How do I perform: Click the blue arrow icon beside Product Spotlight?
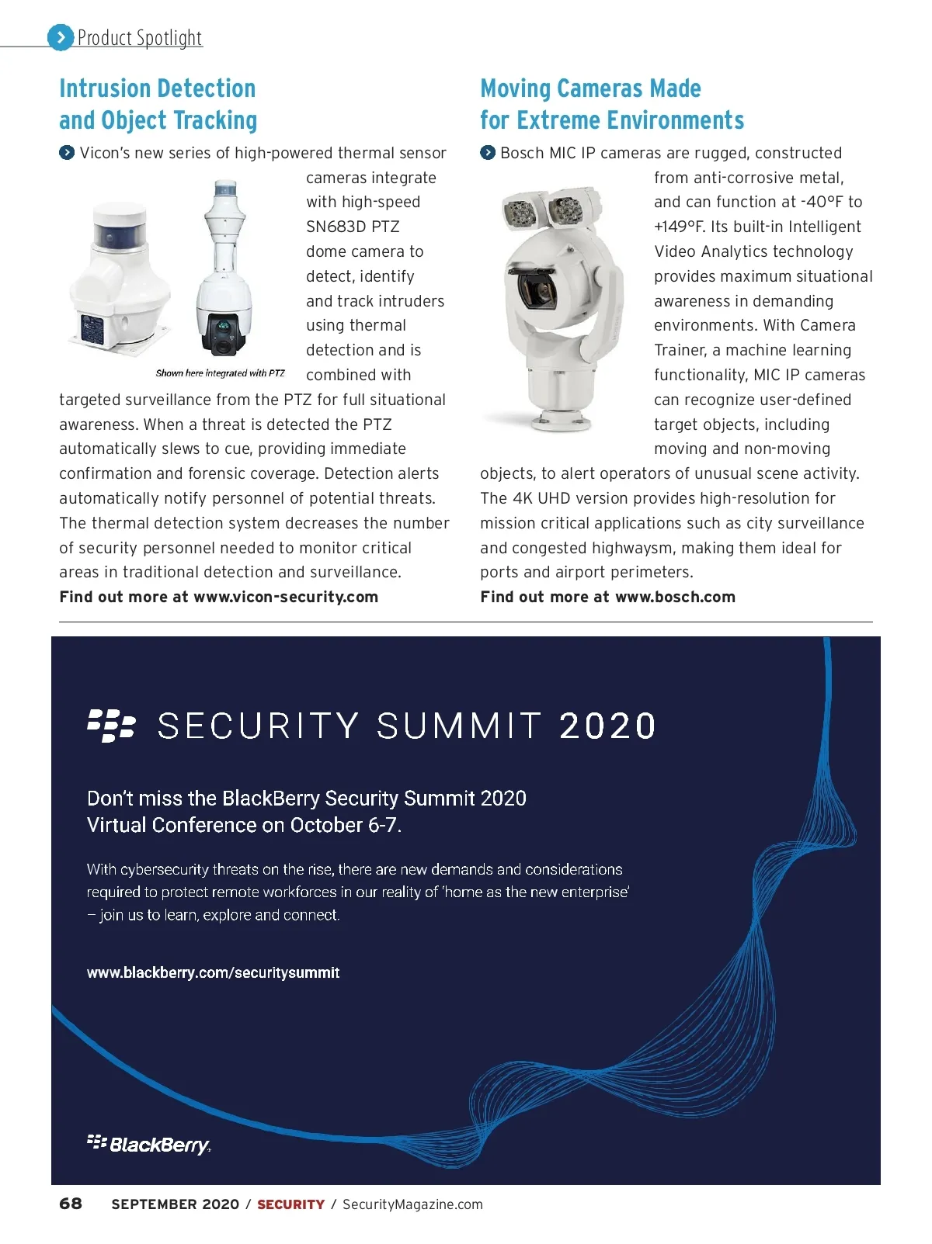click(x=61, y=37)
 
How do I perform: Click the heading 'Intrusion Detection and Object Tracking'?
click(x=158, y=104)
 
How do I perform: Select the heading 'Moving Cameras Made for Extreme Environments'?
click(x=612, y=104)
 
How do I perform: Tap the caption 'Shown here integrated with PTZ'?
click(x=220, y=373)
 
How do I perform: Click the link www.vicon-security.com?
click(x=286, y=597)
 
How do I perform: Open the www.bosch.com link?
click(x=675, y=597)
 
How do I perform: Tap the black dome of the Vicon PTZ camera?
click(x=224, y=329)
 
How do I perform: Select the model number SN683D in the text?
click(x=336, y=227)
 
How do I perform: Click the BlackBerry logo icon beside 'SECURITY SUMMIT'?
click(x=111, y=725)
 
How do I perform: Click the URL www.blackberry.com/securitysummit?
click(x=213, y=972)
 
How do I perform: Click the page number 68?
click(x=71, y=1204)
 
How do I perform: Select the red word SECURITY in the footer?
click(x=290, y=1204)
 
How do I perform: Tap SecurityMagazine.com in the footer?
click(x=412, y=1204)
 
